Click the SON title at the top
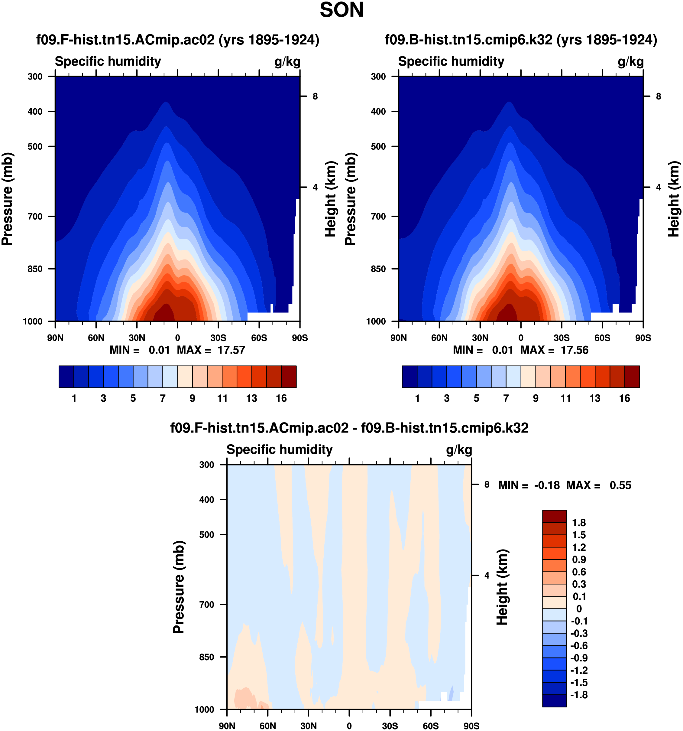[x=341, y=10]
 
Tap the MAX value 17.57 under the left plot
[x=231, y=350]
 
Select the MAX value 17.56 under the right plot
[x=574, y=350]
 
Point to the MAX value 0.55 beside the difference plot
[x=620, y=485]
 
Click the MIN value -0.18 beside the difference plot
[x=547, y=485]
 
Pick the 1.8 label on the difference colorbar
[x=579, y=523]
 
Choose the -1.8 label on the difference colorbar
[x=579, y=695]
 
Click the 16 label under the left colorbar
[x=281, y=398]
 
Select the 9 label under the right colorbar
[x=536, y=398]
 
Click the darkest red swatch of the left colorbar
[x=289, y=377]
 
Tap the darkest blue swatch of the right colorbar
[x=410, y=377]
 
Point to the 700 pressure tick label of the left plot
[x=35, y=217]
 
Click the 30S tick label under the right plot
[x=562, y=338]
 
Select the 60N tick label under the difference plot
[x=267, y=726]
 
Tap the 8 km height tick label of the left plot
[x=315, y=96]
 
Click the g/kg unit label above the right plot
[x=630, y=61]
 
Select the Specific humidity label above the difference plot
[x=279, y=450]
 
